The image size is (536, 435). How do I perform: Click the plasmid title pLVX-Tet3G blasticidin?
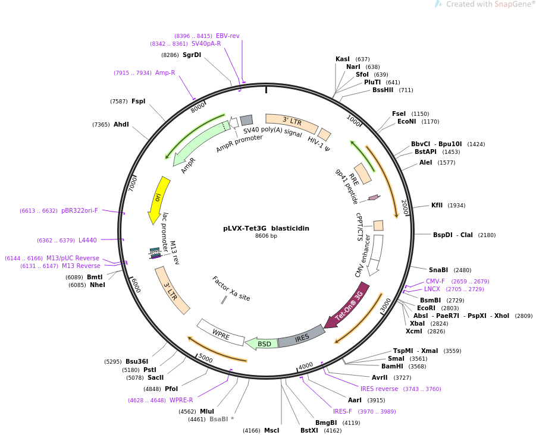[266, 228]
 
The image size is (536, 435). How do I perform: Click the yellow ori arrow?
[158, 199]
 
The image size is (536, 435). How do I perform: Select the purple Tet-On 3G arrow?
[347, 305]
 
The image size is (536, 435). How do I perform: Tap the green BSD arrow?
[262, 343]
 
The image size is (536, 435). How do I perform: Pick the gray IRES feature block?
[302, 337]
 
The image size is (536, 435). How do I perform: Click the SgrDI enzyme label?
[192, 55]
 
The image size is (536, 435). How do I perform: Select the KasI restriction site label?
[343, 59]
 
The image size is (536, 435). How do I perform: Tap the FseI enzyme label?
[399, 114]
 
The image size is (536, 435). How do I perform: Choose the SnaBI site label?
[438, 270]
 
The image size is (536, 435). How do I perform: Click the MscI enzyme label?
[271, 430]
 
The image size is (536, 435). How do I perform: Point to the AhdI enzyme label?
[121, 124]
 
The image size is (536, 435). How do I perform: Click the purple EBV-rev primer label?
[227, 36]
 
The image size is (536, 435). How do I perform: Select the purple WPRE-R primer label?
[181, 400]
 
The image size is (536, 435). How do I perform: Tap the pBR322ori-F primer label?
[79, 210]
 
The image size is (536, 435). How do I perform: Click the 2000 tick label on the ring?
[405, 207]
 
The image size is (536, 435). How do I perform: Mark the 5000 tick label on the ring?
[205, 358]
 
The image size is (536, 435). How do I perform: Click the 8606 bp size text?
[266, 236]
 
